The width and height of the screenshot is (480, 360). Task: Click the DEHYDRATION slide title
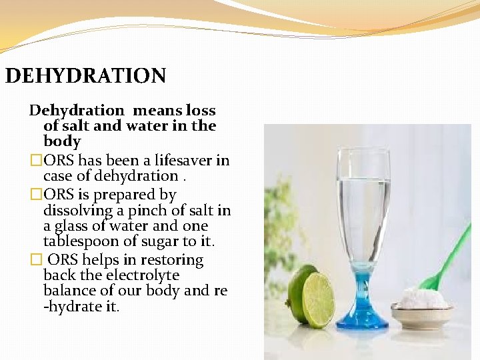(85, 75)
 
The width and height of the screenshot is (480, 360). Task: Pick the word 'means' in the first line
(156, 110)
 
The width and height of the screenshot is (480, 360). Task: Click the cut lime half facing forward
(319, 300)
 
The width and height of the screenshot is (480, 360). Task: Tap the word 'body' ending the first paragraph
(62, 141)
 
